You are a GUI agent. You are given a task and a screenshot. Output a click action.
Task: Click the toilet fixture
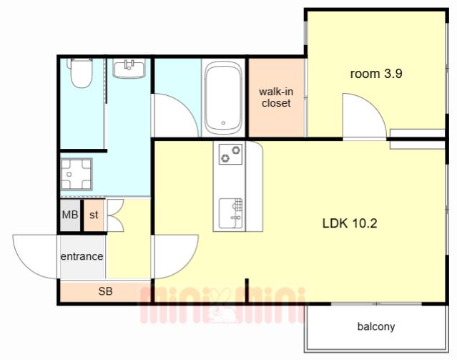(x=79, y=72)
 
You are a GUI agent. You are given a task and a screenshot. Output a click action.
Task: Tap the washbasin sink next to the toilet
(x=129, y=68)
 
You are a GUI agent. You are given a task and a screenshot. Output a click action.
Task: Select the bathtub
(x=223, y=98)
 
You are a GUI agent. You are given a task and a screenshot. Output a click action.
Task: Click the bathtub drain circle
(x=223, y=123)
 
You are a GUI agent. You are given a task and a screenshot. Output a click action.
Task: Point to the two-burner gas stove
(x=230, y=154)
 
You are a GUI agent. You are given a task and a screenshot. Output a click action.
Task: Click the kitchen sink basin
(x=230, y=213)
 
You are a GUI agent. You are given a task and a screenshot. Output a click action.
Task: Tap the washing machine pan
(x=76, y=174)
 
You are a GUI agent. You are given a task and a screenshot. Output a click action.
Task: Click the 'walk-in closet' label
(x=276, y=97)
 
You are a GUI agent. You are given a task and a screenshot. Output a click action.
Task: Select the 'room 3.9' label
(x=376, y=74)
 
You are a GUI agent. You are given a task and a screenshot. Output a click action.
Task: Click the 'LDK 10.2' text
(x=350, y=223)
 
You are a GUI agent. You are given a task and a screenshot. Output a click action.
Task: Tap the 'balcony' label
(x=376, y=326)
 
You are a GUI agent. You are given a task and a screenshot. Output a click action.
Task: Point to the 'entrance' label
(x=82, y=256)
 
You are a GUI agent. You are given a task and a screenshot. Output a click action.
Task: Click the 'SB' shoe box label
(x=105, y=291)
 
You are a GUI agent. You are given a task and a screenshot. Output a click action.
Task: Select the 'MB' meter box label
(x=70, y=215)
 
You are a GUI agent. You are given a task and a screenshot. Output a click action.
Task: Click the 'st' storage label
(x=94, y=215)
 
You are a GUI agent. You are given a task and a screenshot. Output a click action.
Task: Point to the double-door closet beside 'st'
(x=115, y=215)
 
